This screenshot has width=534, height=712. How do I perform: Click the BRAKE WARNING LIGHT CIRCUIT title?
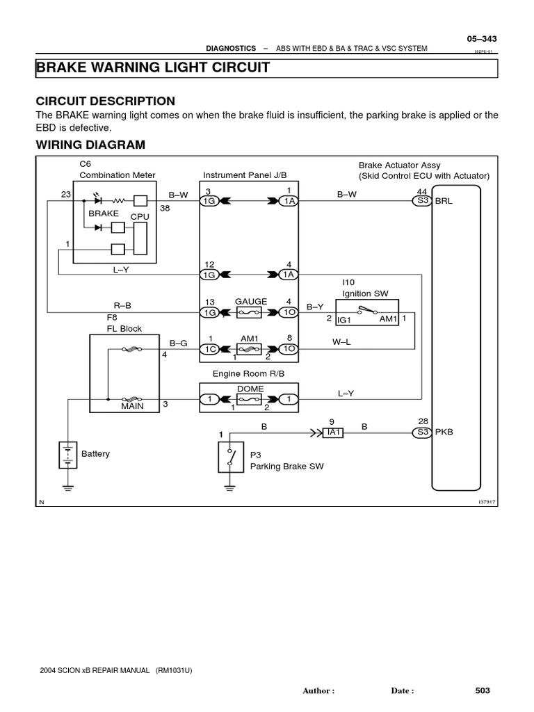[152, 68]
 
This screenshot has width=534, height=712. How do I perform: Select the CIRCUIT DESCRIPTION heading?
[105, 101]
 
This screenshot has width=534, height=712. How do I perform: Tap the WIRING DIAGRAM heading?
[90, 145]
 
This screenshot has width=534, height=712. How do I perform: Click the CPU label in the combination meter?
[141, 217]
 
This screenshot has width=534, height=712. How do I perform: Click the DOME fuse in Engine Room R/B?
[250, 400]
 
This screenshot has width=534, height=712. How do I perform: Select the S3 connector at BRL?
[422, 200]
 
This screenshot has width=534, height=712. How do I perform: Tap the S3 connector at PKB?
[422, 432]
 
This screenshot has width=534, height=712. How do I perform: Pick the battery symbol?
[67, 455]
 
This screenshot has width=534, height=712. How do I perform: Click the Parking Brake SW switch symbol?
[231, 457]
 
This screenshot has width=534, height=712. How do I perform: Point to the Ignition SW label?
[361, 294]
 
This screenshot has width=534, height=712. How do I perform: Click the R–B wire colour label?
[122, 305]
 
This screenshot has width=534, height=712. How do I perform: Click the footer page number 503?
[483, 690]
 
